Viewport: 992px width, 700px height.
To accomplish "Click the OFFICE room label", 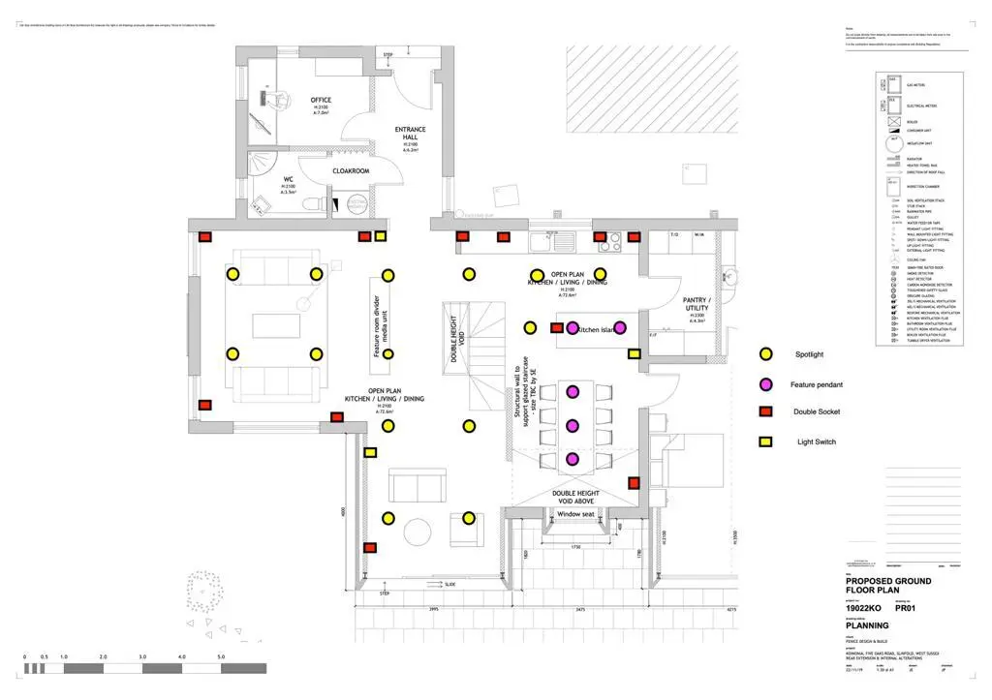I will (x=321, y=100).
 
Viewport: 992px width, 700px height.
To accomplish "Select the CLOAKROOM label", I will (x=351, y=171).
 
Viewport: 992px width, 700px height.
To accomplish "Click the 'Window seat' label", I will (x=576, y=514).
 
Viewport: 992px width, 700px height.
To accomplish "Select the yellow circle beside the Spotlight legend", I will (x=765, y=354).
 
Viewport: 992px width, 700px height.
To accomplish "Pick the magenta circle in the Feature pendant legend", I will (x=765, y=383).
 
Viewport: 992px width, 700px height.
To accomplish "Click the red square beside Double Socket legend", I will (x=765, y=411).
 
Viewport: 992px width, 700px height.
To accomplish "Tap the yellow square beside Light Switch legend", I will (x=765, y=441).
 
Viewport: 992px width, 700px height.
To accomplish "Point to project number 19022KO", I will (x=864, y=607).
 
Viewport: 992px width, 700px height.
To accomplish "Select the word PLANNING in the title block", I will (x=868, y=625).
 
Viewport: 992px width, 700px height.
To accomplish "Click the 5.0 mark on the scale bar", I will (x=221, y=657).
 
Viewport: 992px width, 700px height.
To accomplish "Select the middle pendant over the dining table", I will (x=573, y=425).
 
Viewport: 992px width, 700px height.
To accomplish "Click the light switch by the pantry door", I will (x=635, y=355).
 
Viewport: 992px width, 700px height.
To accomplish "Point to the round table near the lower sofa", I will (x=418, y=532).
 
